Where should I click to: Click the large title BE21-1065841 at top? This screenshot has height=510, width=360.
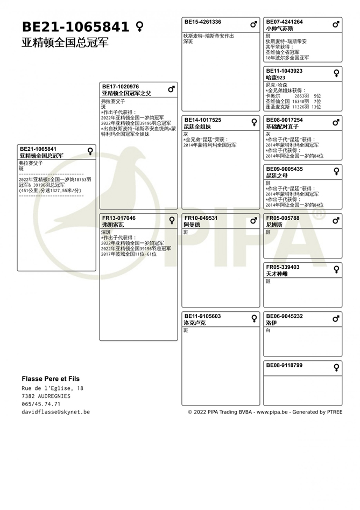[x=75, y=27]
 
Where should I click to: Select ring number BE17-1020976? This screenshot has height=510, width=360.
[x=121, y=87]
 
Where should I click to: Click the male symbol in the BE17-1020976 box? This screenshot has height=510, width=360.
[x=171, y=89]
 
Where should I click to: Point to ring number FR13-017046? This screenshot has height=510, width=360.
[x=119, y=218]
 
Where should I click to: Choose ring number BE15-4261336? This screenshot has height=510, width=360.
[x=203, y=22]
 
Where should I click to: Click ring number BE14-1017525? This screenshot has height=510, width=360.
[x=203, y=120]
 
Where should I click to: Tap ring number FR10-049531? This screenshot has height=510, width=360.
[x=201, y=218]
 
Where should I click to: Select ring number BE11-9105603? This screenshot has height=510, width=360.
[x=203, y=316]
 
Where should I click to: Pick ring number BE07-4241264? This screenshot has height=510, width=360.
[x=285, y=22]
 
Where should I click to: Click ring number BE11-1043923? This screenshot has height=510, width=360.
[x=285, y=71]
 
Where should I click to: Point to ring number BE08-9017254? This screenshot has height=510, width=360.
[x=285, y=120]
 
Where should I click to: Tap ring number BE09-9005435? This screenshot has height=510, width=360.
[x=285, y=169]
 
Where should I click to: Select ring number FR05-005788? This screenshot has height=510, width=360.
[x=283, y=218]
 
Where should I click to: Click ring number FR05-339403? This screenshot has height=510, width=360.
[x=283, y=267]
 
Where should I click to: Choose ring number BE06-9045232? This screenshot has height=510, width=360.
[x=285, y=316]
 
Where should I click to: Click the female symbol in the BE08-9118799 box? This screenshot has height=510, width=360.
[x=336, y=368]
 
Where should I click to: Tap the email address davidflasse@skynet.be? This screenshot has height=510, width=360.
[x=55, y=412]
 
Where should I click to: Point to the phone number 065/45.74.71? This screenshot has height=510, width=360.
[x=41, y=404]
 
